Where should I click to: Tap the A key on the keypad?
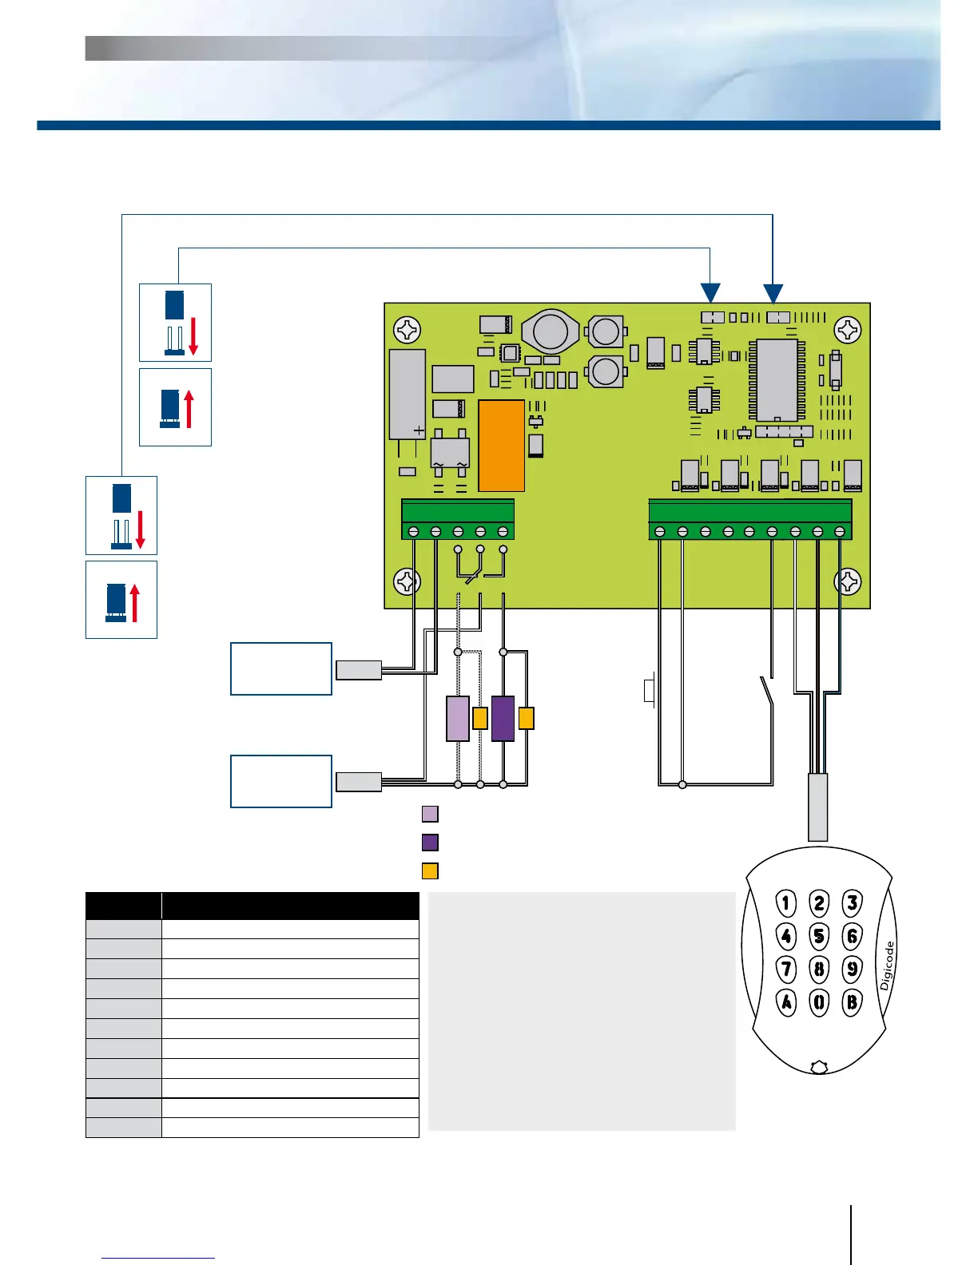[787, 1001]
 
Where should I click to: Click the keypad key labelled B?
[852, 1001]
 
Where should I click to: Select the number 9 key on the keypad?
[852, 969]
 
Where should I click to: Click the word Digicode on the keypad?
[887, 965]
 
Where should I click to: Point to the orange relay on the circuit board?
[501, 446]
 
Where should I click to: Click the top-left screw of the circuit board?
[408, 328]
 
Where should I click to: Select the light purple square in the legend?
[430, 814]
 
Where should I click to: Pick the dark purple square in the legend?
[430, 842]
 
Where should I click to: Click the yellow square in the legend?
[430, 870]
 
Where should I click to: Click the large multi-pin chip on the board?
[776, 379]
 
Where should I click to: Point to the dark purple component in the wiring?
[503, 719]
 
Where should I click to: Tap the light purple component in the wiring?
[458, 719]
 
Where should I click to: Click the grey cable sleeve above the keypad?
[817, 807]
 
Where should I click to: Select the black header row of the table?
[252, 906]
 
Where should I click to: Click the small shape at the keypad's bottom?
[818, 1066]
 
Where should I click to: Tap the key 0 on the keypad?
[819, 1001]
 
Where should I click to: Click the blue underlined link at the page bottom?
[158, 1258]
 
